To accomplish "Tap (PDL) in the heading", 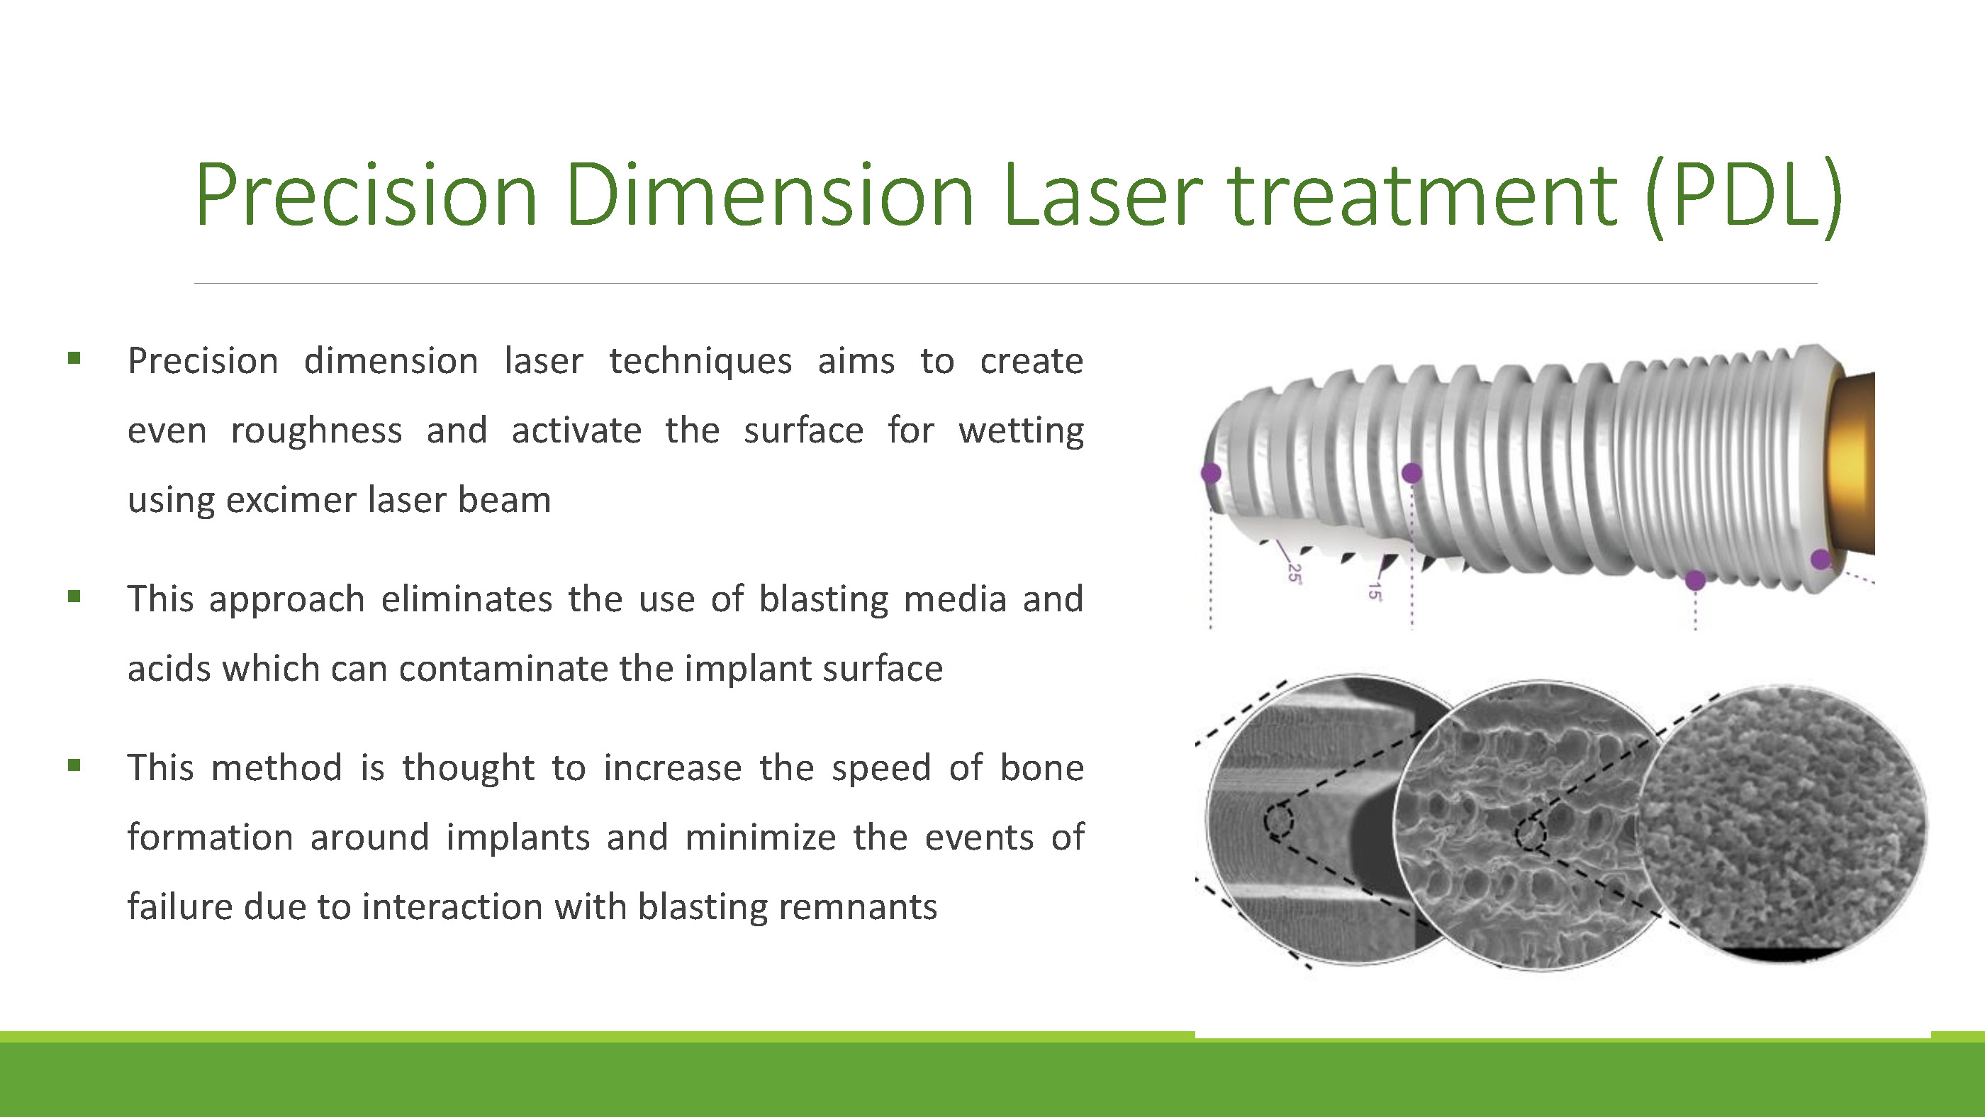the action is (x=1743, y=197).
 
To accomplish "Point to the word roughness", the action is (x=316, y=430).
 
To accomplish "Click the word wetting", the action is (x=1021, y=430).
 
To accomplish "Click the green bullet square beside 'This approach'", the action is (x=74, y=596).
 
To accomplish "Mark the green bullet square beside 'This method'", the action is (x=74, y=765).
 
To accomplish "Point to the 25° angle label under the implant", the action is (x=1295, y=574).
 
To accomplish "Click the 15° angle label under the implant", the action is (x=1374, y=591).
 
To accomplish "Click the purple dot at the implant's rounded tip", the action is (x=1211, y=472).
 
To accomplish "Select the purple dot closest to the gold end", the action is (x=1821, y=559).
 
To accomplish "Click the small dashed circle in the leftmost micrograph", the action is (x=1278, y=821).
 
